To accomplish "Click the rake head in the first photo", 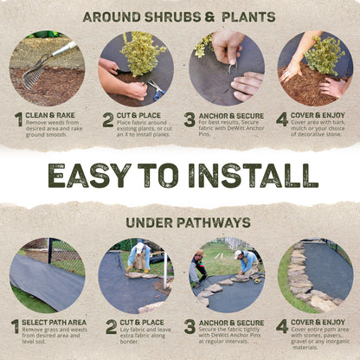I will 33,77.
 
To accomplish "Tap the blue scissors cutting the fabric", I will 157,87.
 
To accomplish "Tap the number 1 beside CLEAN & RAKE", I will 17,119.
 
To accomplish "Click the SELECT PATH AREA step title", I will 56,322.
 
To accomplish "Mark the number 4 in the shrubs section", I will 281,119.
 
